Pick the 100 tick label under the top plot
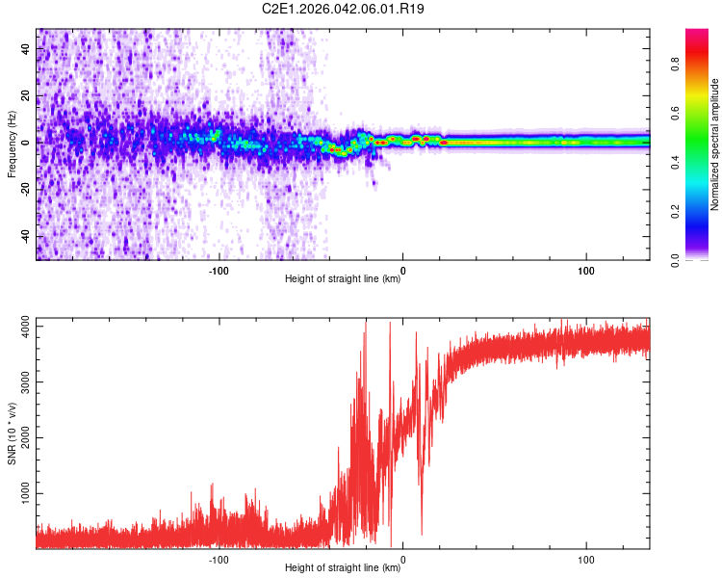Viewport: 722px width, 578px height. pos(586,271)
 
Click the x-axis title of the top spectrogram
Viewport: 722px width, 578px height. pos(343,279)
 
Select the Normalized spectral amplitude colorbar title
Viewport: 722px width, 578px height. pos(715,144)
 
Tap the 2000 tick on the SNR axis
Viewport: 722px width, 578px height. pos(20,438)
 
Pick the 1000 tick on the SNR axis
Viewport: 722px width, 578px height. pos(20,493)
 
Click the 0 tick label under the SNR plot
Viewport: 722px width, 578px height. pos(402,560)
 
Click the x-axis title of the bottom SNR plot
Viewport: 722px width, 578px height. pos(343,568)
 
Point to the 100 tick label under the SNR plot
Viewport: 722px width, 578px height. pos(586,560)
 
